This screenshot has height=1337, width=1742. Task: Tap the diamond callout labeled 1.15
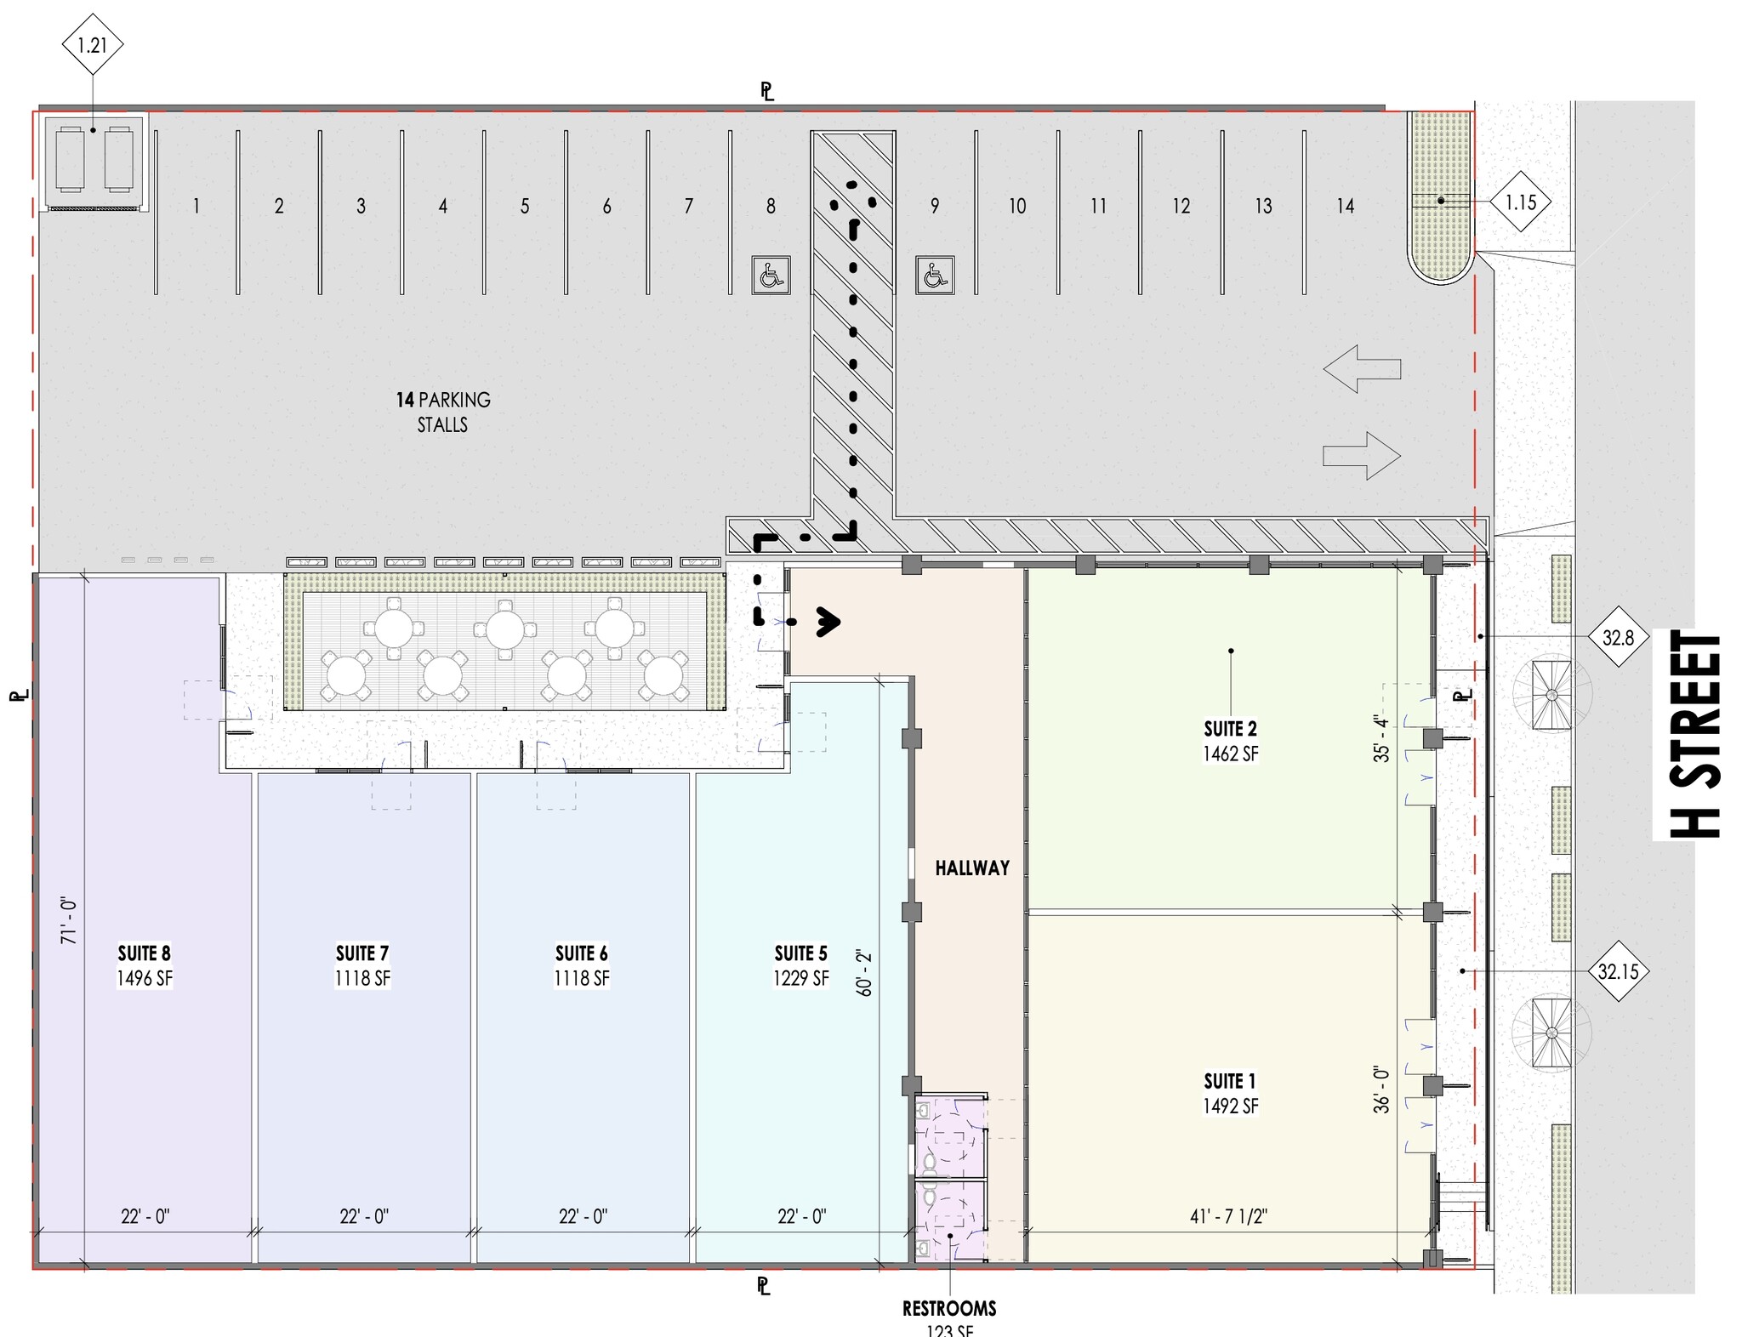click(1520, 202)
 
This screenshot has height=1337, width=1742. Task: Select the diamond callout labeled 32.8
click(1617, 637)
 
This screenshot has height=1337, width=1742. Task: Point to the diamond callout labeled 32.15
click(1617, 971)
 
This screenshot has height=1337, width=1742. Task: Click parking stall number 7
click(688, 206)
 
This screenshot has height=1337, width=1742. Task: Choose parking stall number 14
click(1345, 206)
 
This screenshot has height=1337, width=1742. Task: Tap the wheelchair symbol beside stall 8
click(771, 276)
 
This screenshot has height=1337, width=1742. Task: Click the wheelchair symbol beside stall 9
click(935, 276)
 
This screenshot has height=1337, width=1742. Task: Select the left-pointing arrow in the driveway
click(1362, 368)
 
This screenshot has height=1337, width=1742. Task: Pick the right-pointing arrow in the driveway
click(1362, 455)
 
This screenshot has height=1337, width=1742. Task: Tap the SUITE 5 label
click(800, 953)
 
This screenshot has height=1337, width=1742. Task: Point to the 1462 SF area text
click(1230, 754)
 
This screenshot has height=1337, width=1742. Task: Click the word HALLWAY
click(972, 868)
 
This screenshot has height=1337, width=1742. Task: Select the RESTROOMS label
click(949, 1308)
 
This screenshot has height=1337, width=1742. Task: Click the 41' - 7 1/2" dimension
click(1228, 1216)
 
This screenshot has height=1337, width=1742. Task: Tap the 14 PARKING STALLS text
click(442, 412)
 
